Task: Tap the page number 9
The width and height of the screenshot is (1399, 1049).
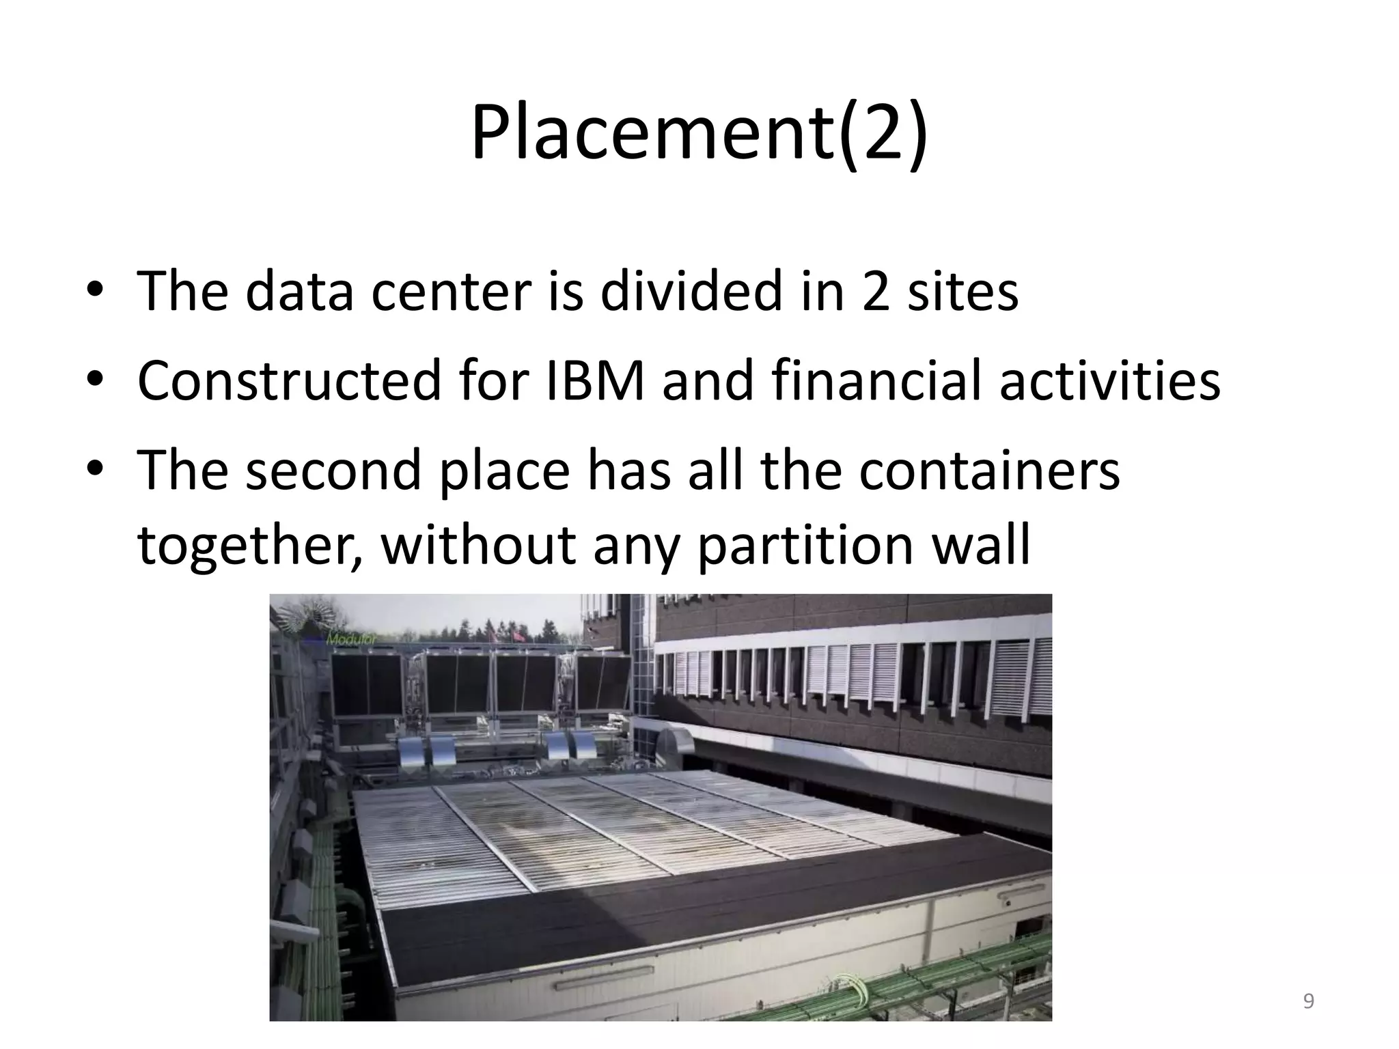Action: click(1308, 1001)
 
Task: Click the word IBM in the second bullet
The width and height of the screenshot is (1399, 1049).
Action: click(594, 380)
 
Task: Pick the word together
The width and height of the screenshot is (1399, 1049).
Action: click(250, 546)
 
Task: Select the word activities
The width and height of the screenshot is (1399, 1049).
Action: click(1109, 380)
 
